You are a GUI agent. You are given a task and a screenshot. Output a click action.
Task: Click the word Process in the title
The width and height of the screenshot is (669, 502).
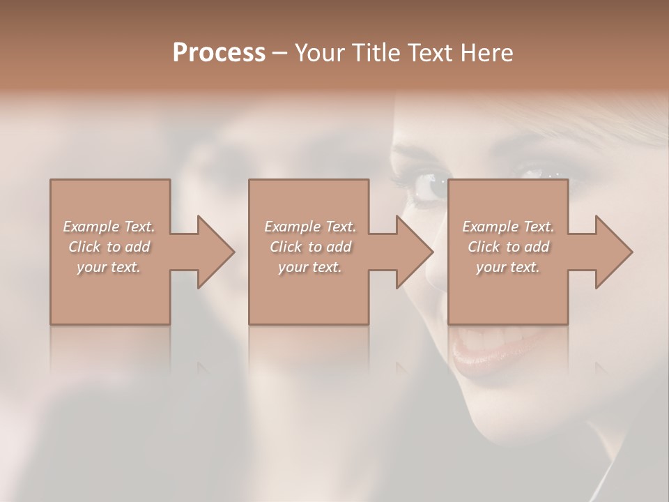(219, 54)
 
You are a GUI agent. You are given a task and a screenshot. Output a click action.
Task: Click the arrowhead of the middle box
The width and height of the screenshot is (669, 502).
(414, 252)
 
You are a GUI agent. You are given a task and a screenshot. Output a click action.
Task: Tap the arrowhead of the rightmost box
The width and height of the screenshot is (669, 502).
(613, 252)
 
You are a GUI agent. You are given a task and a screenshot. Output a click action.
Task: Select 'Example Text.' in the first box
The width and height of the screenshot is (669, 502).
(109, 227)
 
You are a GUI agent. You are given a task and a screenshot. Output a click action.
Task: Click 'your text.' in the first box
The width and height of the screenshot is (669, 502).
(109, 267)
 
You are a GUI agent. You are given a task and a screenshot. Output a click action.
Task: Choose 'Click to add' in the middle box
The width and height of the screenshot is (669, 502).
(310, 247)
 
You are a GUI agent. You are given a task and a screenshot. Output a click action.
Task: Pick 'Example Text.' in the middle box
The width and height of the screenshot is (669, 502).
(310, 227)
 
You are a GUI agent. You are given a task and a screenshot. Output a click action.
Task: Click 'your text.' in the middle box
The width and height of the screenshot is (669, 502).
(310, 267)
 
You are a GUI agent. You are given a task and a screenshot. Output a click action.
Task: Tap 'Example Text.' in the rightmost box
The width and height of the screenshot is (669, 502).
(508, 227)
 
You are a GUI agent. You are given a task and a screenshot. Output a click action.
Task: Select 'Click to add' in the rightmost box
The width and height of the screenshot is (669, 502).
(508, 247)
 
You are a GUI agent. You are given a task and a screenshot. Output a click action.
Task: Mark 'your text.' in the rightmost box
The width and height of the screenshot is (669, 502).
(508, 267)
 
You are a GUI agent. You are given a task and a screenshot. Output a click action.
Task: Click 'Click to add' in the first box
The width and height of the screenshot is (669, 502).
(109, 247)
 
